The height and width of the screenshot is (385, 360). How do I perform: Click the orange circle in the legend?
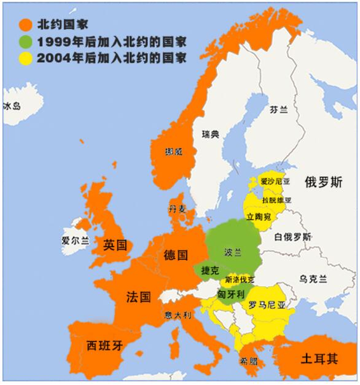[x=25, y=25]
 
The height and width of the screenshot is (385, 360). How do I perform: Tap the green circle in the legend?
[x=25, y=42]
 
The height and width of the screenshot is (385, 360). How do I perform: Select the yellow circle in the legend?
[x=25, y=58]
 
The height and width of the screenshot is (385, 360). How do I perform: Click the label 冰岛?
[x=12, y=106]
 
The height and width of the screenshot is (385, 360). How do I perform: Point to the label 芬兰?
[x=278, y=109]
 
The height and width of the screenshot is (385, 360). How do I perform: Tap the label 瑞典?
[x=210, y=134]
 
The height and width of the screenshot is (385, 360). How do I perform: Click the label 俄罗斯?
[x=323, y=181]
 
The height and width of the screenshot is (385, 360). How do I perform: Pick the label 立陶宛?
[x=258, y=217]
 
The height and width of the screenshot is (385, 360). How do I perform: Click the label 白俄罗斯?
[x=292, y=236]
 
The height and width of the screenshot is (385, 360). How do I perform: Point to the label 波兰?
[x=233, y=252]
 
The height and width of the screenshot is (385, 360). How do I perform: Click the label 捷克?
[x=210, y=271]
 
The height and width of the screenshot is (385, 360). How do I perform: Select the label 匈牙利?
[x=231, y=294]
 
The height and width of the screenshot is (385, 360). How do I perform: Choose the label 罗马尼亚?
[x=267, y=304]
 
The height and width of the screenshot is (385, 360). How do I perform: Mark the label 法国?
[x=138, y=297]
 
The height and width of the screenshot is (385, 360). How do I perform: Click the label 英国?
[x=115, y=245]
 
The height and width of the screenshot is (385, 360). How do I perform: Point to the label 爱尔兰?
[x=76, y=240]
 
